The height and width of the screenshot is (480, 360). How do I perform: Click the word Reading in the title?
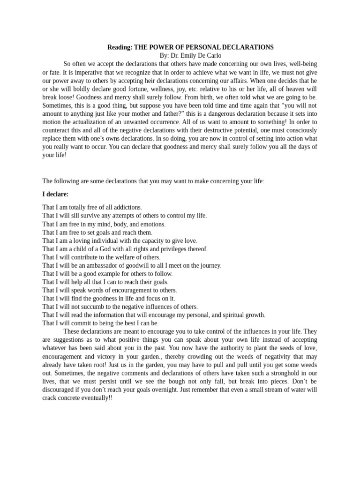[x=120, y=47]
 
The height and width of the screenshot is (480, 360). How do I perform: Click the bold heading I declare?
[x=55, y=194]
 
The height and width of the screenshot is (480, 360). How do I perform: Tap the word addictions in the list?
[x=126, y=207]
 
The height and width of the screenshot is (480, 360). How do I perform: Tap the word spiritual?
[x=229, y=315]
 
